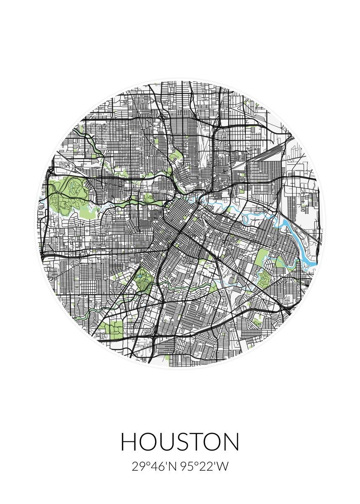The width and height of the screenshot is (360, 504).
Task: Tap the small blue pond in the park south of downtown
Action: point(139,278)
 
